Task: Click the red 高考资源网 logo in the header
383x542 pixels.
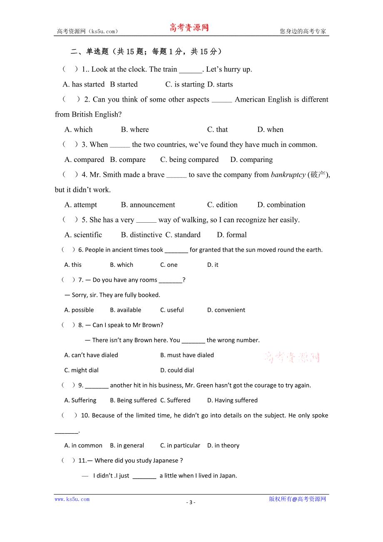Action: [189, 28]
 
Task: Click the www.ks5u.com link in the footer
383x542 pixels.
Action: [72, 499]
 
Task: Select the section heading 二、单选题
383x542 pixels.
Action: [90, 52]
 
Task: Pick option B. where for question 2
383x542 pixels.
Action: [134, 129]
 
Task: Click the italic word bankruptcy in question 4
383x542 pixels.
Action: [288, 175]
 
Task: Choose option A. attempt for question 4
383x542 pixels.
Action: [81, 205]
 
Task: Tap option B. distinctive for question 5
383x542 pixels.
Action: [142, 235]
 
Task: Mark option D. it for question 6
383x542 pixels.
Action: [213, 265]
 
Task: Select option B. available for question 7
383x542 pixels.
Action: [125, 310]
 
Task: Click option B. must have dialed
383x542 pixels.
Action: [187, 355]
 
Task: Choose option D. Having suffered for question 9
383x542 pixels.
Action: [232, 400]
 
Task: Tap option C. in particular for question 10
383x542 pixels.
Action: [180, 445]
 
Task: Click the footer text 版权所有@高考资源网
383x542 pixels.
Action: [297, 499]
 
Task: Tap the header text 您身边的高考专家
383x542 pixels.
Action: [303, 31]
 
